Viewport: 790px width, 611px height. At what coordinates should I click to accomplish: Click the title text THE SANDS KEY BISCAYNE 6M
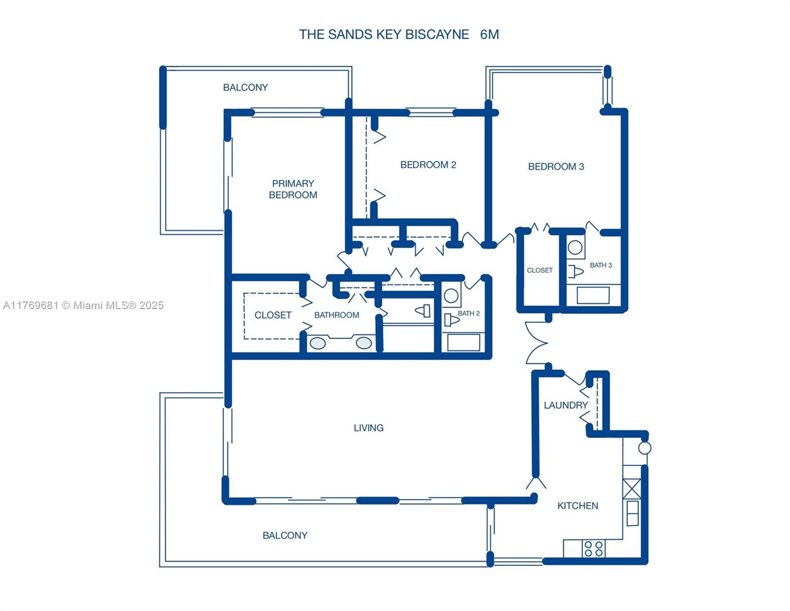tap(399, 35)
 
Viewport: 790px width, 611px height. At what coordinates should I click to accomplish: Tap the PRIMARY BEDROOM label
tap(293, 189)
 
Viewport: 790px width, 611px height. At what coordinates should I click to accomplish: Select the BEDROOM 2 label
tap(428, 164)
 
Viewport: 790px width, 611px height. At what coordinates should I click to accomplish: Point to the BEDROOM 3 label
tap(556, 166)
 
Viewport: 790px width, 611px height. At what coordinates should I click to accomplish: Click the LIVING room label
tap(369, 428)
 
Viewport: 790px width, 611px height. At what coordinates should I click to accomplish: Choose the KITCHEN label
tap(578, 506)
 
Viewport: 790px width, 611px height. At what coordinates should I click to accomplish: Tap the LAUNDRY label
tap(566, 405)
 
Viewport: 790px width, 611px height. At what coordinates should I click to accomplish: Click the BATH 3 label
tap(601, 265)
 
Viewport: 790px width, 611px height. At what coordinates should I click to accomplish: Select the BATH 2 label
tap(468, 313)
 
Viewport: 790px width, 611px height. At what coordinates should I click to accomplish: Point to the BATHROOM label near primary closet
tap(336, 315)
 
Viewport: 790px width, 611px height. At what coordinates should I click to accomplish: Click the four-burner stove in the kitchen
tap(594, 548)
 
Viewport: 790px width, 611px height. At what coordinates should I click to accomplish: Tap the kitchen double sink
tap(633, 513)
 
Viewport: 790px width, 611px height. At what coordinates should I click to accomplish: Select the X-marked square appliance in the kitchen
tap(632, 489)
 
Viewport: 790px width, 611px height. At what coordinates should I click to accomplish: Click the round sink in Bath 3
tap(575, 247)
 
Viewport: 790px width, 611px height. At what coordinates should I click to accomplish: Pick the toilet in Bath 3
tap(576, 271)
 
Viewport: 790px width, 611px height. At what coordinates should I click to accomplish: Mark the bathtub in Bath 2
tap(464, 342)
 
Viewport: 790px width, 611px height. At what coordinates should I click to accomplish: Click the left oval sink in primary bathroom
tap(318, 344)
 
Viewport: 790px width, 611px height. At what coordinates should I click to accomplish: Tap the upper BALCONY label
tap(245, 87)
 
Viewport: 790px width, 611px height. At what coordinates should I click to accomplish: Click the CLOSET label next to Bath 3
tap(540, 270)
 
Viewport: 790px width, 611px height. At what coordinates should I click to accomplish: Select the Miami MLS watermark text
tap(83, 305)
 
